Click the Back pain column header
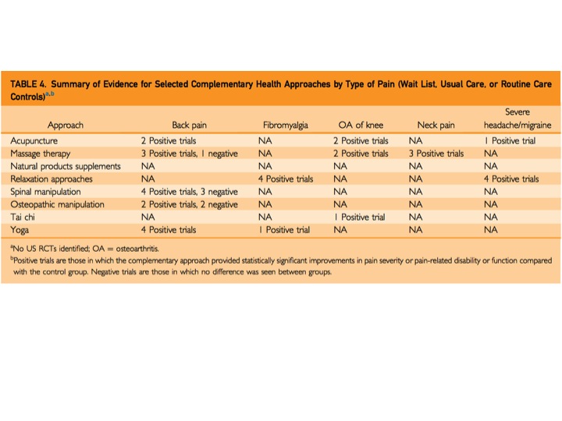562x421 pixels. click(x=190, y=125)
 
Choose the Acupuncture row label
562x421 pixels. click(x=36, y=141)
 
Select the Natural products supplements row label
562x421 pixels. click(x=66, y=166)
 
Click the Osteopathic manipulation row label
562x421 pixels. click(x=58, y=204)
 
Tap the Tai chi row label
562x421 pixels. click(x=24, y=217)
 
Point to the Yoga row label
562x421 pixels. click(x=20, y=230)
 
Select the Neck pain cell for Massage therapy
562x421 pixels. click(x=436, y=154)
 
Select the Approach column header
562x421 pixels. click(x=66, y=125)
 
